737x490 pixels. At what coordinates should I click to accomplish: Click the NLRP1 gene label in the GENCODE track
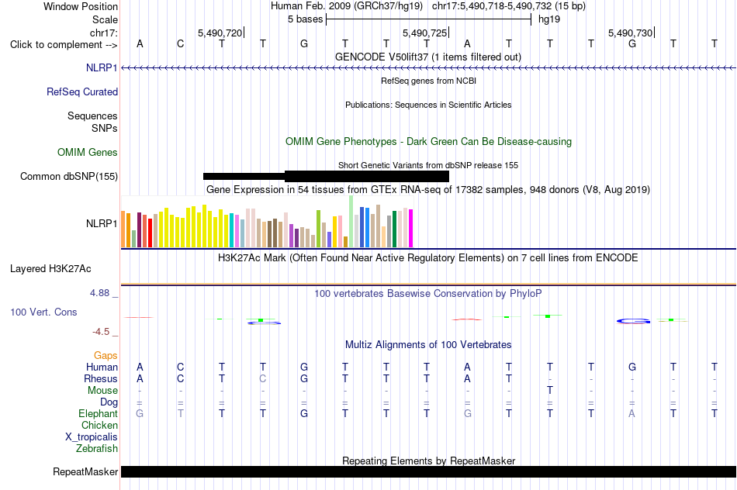point(102,67)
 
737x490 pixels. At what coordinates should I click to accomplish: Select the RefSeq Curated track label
point(82,91)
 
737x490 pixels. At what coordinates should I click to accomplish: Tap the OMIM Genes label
point(88,152)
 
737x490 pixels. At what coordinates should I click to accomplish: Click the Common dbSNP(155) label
point(69,176)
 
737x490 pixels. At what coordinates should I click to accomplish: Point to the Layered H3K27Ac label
point(50,269)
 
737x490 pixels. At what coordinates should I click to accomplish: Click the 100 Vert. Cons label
point(43,312)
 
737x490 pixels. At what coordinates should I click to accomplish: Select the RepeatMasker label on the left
point(85,471)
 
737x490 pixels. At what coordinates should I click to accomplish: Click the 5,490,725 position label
point(425,33)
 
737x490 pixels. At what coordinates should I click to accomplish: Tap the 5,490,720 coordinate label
point(220,33)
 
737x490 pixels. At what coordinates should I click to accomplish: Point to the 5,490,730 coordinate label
point(630,33)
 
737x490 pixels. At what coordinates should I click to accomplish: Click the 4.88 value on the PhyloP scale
point(99,293)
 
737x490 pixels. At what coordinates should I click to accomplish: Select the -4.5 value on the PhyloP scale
point(101,332)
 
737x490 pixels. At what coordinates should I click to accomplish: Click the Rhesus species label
point(101,378)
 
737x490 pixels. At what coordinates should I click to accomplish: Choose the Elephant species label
point(99,413)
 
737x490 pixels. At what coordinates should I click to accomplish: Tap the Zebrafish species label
point(97,448)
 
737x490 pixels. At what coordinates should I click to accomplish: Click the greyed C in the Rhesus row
point(263,378)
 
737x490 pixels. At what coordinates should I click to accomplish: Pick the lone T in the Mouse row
point(549,391)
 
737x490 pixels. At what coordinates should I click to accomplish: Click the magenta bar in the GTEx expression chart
point(411,228)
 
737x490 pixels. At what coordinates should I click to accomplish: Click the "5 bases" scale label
point(306,19)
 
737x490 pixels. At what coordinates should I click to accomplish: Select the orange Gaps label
point(106,356)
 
